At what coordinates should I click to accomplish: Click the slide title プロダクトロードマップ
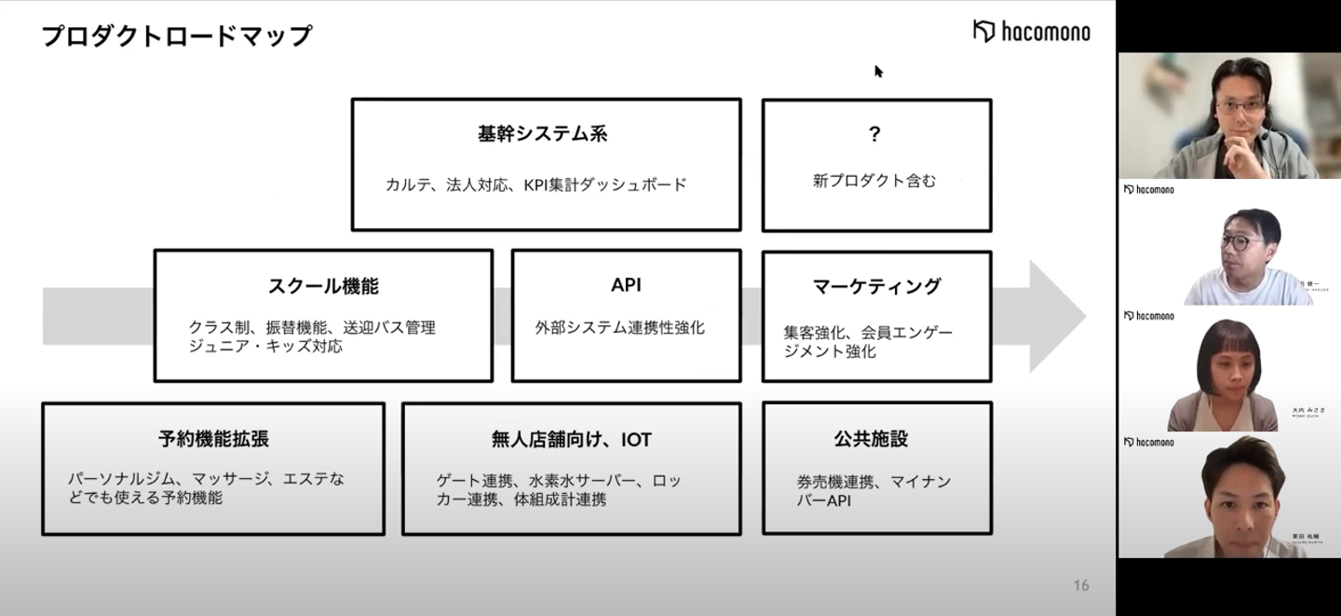[177, 36]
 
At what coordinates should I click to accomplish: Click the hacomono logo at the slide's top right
[1031, 32]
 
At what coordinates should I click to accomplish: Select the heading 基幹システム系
[542, 134]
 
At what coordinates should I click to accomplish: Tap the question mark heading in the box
[874, 134]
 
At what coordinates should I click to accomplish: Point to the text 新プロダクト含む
[874, 182]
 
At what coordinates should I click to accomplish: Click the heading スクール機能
[323, 286]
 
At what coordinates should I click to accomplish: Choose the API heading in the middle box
[626, 285]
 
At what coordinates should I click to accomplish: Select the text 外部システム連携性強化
[619, 328]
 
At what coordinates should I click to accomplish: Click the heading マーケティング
[876, 286]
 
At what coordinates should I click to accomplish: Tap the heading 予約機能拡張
[213, 439]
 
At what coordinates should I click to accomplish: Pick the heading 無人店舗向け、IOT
[571, 439]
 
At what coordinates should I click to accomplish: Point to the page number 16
[1080, 585]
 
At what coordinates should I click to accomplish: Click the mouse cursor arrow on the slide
[878, 71]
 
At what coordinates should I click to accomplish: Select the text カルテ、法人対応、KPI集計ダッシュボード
[536, 185]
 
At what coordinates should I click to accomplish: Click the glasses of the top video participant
[1239, 107]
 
